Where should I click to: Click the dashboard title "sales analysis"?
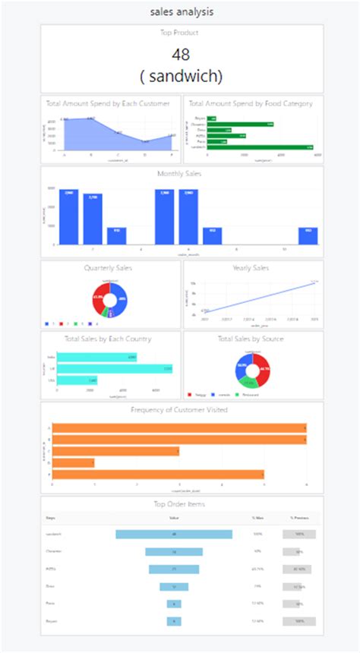click(x=180, y=11)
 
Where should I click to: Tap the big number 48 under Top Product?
click(x=181, y=55)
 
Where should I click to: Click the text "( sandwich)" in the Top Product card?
click(x=181, y=76)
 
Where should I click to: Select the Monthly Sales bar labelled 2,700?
click(x=93, y=219)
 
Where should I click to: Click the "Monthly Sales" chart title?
click(x=182, y=173)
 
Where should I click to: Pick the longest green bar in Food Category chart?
click(x=261, y=147)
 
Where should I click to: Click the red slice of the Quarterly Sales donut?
click(x=101, y=299)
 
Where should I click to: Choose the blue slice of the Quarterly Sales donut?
click(x=120, y=298)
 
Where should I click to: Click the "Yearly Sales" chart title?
click(x=253, y=267)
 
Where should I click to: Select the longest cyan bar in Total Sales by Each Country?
click(x=115, y=369)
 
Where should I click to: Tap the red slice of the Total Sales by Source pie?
click(x=262, y=371)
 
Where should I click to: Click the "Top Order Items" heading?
click(x=182, y=503)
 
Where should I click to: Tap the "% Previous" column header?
click(x=298, y=519)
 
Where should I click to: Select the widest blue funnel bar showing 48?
click(x=174, y=534)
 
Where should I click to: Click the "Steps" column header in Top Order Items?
click(x=51, y=519)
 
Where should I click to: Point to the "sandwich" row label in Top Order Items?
click(x=54, y=534)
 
